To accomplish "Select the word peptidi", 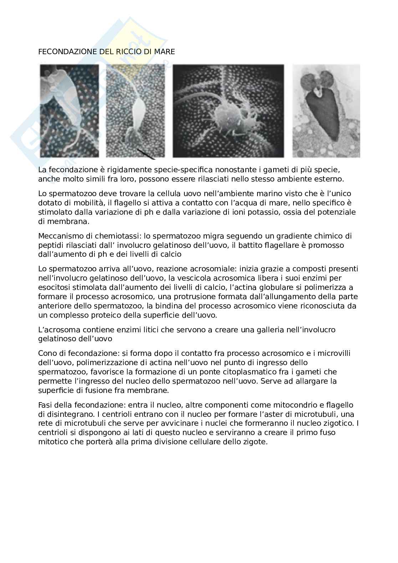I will pyautogui.click(x=51, y=245).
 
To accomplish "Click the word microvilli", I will pyautogui.click(x=333, y=353).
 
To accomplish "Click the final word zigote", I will pyautogui.click(x=256, y=442).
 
